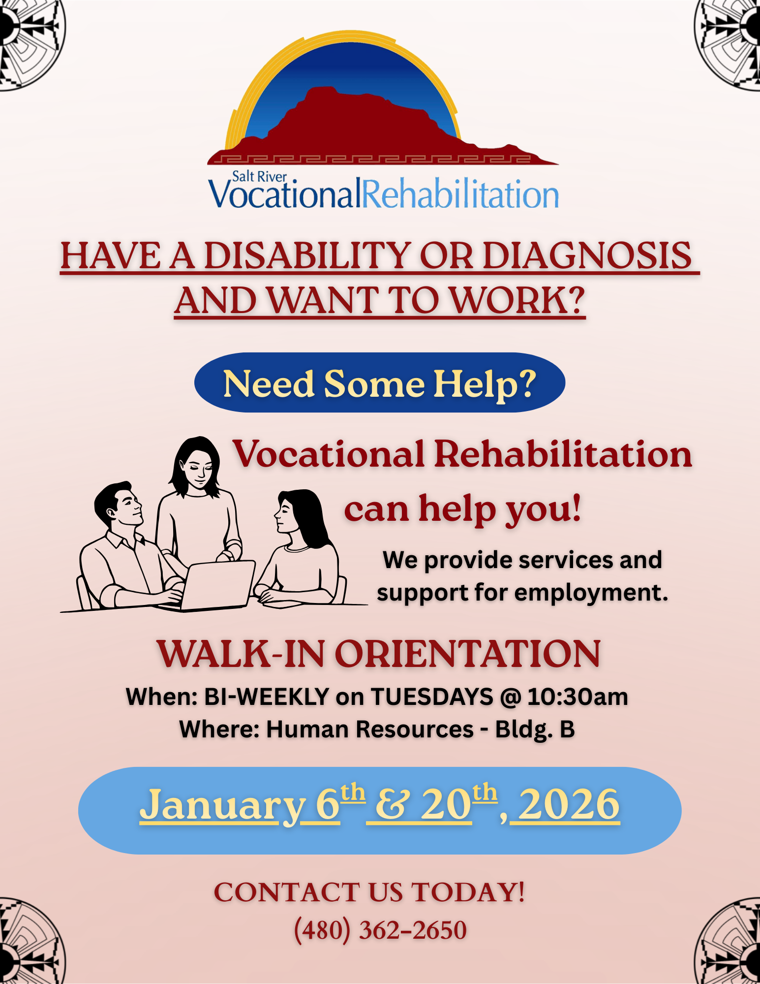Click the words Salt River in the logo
259,176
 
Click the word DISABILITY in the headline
307,255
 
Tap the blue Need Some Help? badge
380,382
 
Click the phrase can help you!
462,509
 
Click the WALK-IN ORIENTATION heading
379,654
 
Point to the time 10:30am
578,697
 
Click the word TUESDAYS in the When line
432,697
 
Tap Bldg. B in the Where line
535,730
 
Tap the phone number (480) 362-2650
380,930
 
